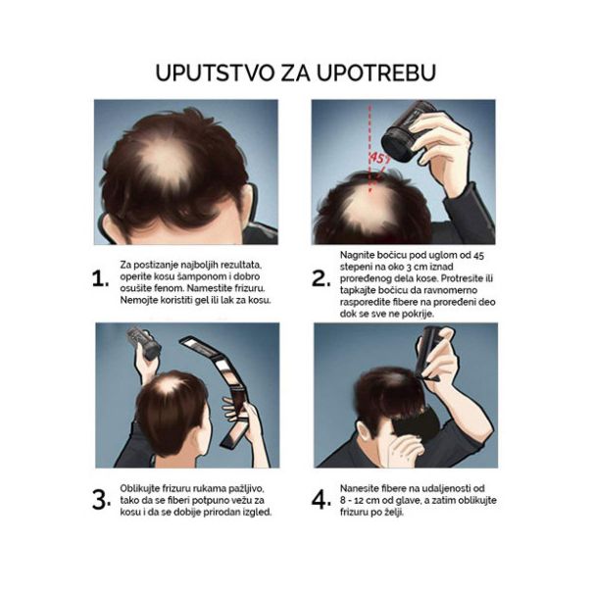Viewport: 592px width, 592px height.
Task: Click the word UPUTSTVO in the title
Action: tap(215, 73)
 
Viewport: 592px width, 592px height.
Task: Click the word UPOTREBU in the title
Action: tap(376, 73)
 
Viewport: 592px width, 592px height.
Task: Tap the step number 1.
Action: tap(100, 279)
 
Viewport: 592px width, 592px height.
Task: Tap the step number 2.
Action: tap(321, 278)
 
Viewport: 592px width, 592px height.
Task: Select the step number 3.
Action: tap(101, 500)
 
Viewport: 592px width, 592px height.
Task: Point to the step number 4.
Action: tap(321, 500)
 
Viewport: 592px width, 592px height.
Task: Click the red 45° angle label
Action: tap(378, 158)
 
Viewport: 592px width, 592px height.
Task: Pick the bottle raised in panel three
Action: tap(145, 343)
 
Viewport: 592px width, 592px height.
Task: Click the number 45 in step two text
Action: tap(478, 256)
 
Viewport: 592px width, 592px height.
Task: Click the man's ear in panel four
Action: tap(364, 434)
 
